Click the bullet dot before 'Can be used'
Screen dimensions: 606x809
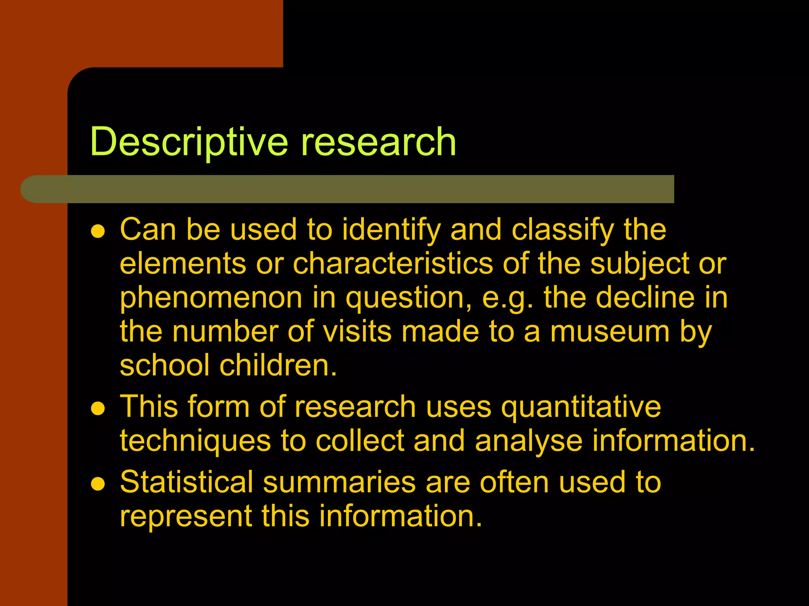[x=98, y=231]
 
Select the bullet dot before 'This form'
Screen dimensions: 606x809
[x=98, y=409]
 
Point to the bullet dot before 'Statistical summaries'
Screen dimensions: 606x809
[x=98, y=484]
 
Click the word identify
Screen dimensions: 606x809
[x=391, y=230]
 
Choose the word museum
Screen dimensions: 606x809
[x=610, y=332]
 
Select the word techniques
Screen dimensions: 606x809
[x=195, y=441]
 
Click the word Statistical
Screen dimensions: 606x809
[x=186, y=482]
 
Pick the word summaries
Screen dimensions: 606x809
[x=339, y=482]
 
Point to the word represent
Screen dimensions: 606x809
[x=186, y=516]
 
